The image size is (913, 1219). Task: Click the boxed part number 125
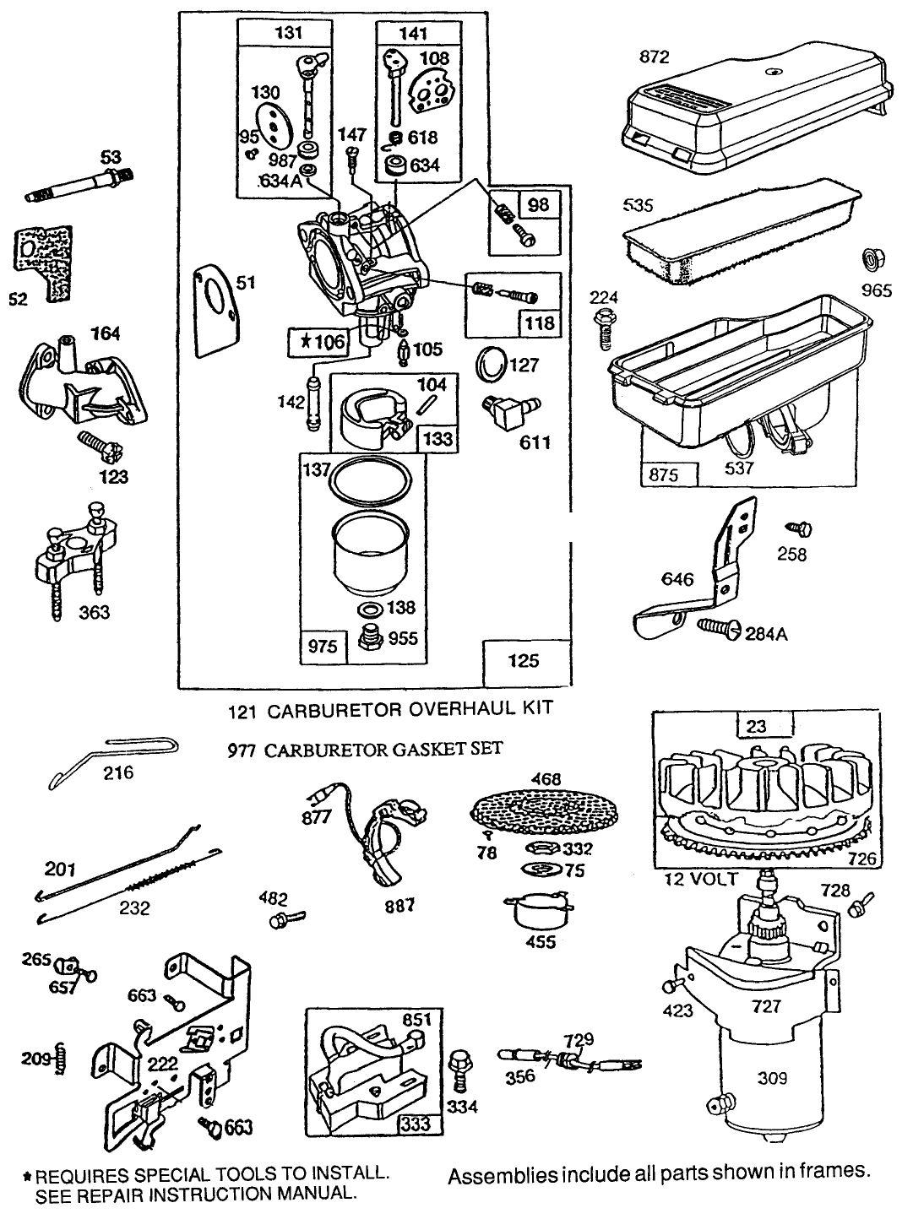pyautogui.click(x=524, y=660)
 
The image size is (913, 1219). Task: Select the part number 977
pyautogui.click(x=244, y=749)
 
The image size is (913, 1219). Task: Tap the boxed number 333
pyautogui.click(x=416, y=1124)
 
